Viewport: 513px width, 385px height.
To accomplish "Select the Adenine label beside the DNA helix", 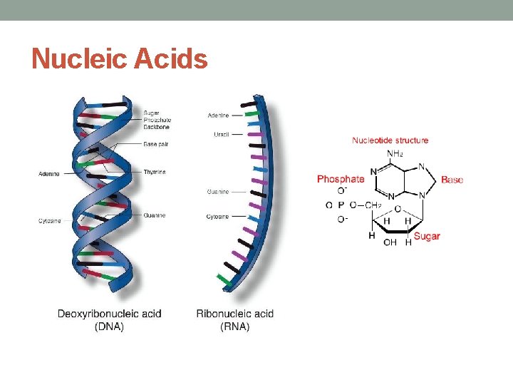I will pyautogui.click(x=49, y=174).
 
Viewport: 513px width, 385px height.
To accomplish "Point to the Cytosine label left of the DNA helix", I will pyautogui.click(x=50, y=221).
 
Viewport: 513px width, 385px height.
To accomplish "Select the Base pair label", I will pyautogui.click(x=156, y=144).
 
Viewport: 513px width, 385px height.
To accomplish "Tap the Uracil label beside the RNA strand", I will pyautogui.click(x=221, y=135).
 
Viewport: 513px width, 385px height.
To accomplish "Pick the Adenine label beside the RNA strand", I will pyautogui.click(x=218, y=115).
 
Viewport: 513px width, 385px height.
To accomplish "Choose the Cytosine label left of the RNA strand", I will pyautogui.click(x=218, y=216).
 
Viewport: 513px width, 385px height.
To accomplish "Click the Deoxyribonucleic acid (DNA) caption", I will pyautogui.click(x=109, y=319).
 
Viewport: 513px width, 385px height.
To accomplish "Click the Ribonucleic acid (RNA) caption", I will pyautogui.click(x=234, y=319).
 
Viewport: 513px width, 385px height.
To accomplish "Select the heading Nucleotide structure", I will pyautogui.click(x=390, y=140).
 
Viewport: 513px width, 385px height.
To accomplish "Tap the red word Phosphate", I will pyautogui.click(x=340, y=179).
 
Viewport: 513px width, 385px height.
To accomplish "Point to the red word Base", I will pyautogui.click(x=452, y=180).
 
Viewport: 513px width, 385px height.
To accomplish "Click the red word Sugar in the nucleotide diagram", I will pyautogui.click(x=427, y=236).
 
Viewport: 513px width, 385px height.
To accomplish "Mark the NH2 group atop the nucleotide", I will pyautogui.click(x=395, y=153).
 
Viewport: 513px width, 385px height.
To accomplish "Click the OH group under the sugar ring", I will pyautogui.click(x=390, y=242).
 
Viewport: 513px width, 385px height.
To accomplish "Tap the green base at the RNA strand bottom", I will pyautogui.click(x=225, y=279).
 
